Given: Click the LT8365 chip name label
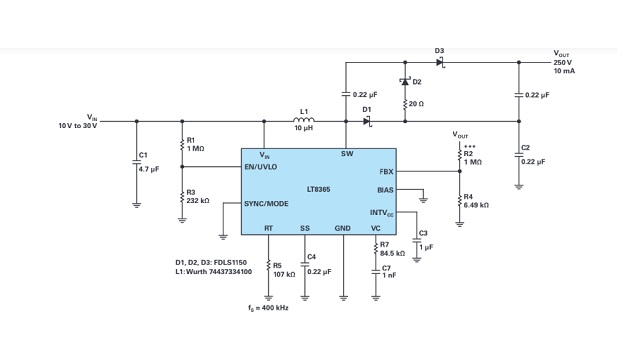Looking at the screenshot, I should [319, 187].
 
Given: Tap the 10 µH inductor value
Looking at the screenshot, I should [305, 130].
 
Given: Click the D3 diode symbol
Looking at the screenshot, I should [440, 62].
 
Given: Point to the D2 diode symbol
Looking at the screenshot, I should [405, 81].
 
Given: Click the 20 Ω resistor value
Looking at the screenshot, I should [417, 103].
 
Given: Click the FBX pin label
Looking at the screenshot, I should [387, 171].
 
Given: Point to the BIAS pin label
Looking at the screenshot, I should [385, 189].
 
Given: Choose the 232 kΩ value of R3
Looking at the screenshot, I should [197, 201].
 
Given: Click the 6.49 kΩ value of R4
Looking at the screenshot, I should [476, 205].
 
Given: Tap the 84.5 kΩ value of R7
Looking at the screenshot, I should [391, 253].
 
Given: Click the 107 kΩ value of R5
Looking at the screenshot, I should [284, 273].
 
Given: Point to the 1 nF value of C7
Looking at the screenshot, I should [389, 275].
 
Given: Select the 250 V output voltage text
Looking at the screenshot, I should [563, 62].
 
